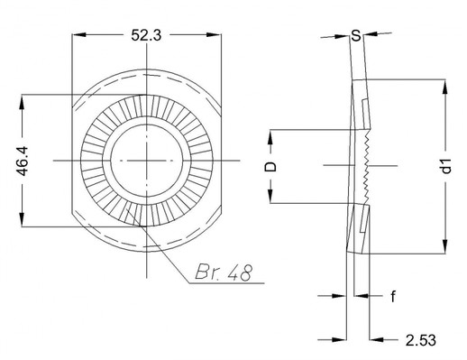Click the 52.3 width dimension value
point(146,35)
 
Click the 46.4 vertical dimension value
point(23,161)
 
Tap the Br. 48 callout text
point(223,272)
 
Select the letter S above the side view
point(356,36)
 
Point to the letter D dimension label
point(270,166)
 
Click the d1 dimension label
point(447,166)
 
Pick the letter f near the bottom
point(393,296)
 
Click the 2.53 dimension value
point(420,340)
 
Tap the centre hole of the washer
point(147,161)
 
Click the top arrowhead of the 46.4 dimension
point(22,102)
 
